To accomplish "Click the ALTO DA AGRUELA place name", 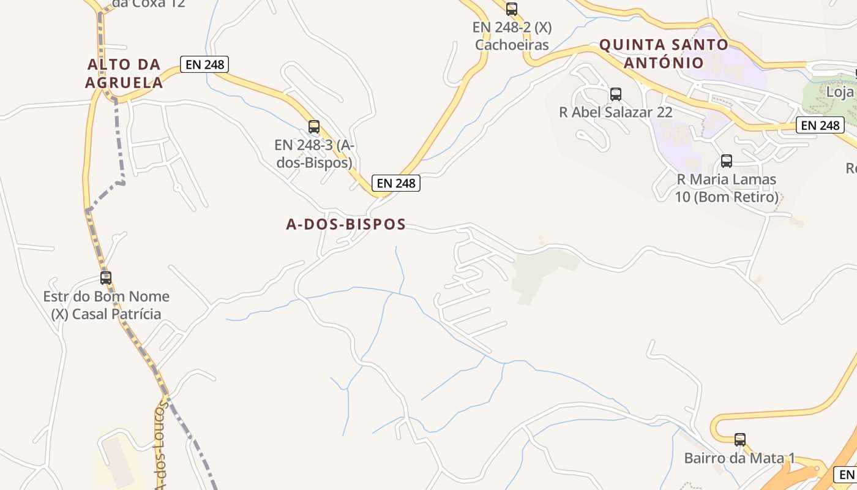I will click(124, 73).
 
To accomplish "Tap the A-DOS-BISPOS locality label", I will click(346, 224).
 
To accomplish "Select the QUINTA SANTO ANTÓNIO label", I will click(664, 53).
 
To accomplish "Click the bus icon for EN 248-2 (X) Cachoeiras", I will click(512, 9).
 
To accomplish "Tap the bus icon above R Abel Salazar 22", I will click(616, 94).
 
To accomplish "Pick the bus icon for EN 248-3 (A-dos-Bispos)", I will click(314, 127).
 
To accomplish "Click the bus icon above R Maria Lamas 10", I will click(727, 161).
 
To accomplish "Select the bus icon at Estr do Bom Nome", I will click(106, 278).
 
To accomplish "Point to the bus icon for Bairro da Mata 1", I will click(740, 439).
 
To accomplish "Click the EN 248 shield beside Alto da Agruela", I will click(204, 64).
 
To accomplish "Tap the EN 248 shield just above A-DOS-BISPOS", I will click(396, 183).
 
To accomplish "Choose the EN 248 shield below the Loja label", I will click(820, 126).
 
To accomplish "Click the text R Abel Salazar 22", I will click(616, 112).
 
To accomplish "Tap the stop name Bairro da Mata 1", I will click(739, 458).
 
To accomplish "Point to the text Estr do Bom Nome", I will click(106, 296).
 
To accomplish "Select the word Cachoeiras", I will click(512, 45).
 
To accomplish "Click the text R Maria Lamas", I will click(727, 179).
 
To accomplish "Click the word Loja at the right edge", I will click(840, 92).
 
